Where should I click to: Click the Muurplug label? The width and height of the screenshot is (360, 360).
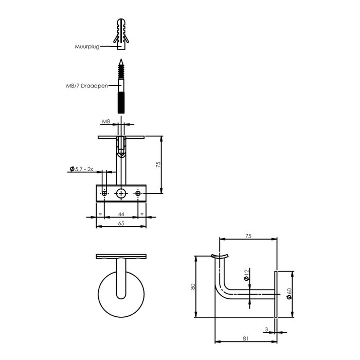click(x=86, y=46)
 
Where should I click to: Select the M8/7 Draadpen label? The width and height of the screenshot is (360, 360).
click(x=91, y=86)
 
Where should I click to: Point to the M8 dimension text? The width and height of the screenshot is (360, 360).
click(x=106, y=122)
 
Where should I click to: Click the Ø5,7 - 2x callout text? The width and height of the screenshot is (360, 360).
click(x=81, y=169)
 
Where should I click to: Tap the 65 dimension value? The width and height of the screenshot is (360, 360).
click(x=121, y=224)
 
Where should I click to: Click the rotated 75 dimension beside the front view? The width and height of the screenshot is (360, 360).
click(x=158, y=165)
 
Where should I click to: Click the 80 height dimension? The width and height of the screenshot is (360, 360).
click(x=192, y=287)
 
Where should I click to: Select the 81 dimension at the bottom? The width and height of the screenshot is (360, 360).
click(x=245, y=338)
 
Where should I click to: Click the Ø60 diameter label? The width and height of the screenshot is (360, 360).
click(x=289, y=294)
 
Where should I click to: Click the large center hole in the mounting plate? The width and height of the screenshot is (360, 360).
click(x=121, y=193)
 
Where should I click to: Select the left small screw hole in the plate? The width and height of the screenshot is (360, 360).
click(x=104, y=193)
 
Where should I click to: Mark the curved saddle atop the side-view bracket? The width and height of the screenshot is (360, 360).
click(x=220, y=256)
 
